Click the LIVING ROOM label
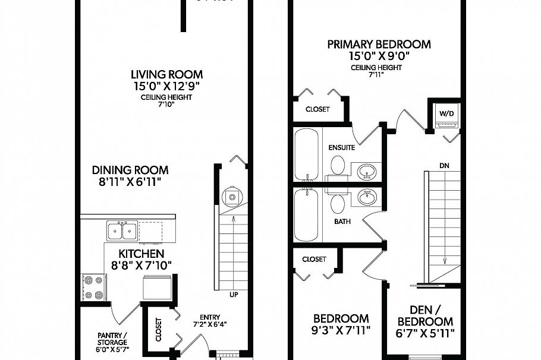point(166,75)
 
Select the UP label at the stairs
point(234,295)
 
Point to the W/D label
point(446,113)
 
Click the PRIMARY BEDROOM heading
point(379,45)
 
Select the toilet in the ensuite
point(338,165)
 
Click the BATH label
point(342,221)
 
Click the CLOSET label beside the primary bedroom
point(317,109)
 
